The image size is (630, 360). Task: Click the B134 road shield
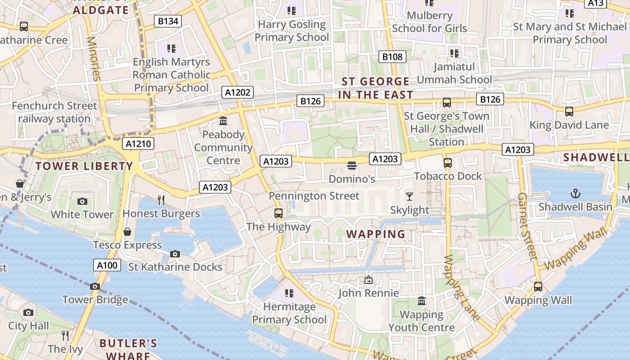pos(168,21)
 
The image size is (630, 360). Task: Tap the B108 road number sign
pos(392,56)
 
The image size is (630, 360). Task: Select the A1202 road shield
pos(238,93)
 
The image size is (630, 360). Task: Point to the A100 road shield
pos(108,265)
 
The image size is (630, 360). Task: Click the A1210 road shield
pos(138,144)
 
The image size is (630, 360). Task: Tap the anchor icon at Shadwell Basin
pos(575,193)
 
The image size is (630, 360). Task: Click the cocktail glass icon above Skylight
pos(409,196)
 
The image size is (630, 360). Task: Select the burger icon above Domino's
pos(352,166)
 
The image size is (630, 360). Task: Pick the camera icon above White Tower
pos(82,201)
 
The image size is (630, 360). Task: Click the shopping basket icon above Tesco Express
pos(127,232)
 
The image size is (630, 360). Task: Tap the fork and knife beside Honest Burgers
pos(161,200)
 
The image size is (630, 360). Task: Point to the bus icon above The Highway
pos(279,213)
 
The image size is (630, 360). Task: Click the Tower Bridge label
pos(95,300)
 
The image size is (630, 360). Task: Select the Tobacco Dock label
pos(448,176)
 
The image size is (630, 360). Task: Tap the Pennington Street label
pos(314,196)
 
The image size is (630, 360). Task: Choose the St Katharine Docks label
pos(175,267)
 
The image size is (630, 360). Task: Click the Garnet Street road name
pos(527,226)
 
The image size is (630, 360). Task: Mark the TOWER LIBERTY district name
pos(84,166)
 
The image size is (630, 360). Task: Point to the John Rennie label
pos(369,293)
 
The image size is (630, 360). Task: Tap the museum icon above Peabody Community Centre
pos(223,121)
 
